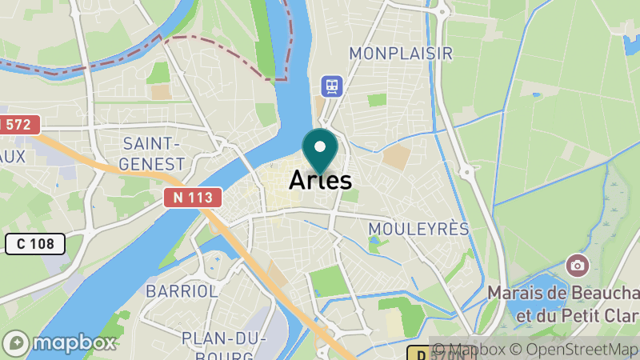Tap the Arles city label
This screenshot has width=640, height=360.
(320, 180)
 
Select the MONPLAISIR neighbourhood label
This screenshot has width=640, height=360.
(401, 54)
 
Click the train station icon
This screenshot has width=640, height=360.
(330, 85)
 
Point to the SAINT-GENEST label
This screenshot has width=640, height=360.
(154, 154)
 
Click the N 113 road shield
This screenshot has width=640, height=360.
(193, 198)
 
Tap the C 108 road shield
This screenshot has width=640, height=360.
(34, 243)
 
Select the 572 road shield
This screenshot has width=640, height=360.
(18, 124)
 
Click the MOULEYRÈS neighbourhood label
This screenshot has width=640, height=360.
(418, 229)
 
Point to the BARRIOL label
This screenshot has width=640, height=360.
(182, 291)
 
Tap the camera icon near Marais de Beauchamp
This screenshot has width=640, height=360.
(575, 265)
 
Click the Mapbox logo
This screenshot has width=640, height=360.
(62, 342)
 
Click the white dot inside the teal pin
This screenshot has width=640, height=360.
(321, 146)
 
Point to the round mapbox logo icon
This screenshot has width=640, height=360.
(18, 342)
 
